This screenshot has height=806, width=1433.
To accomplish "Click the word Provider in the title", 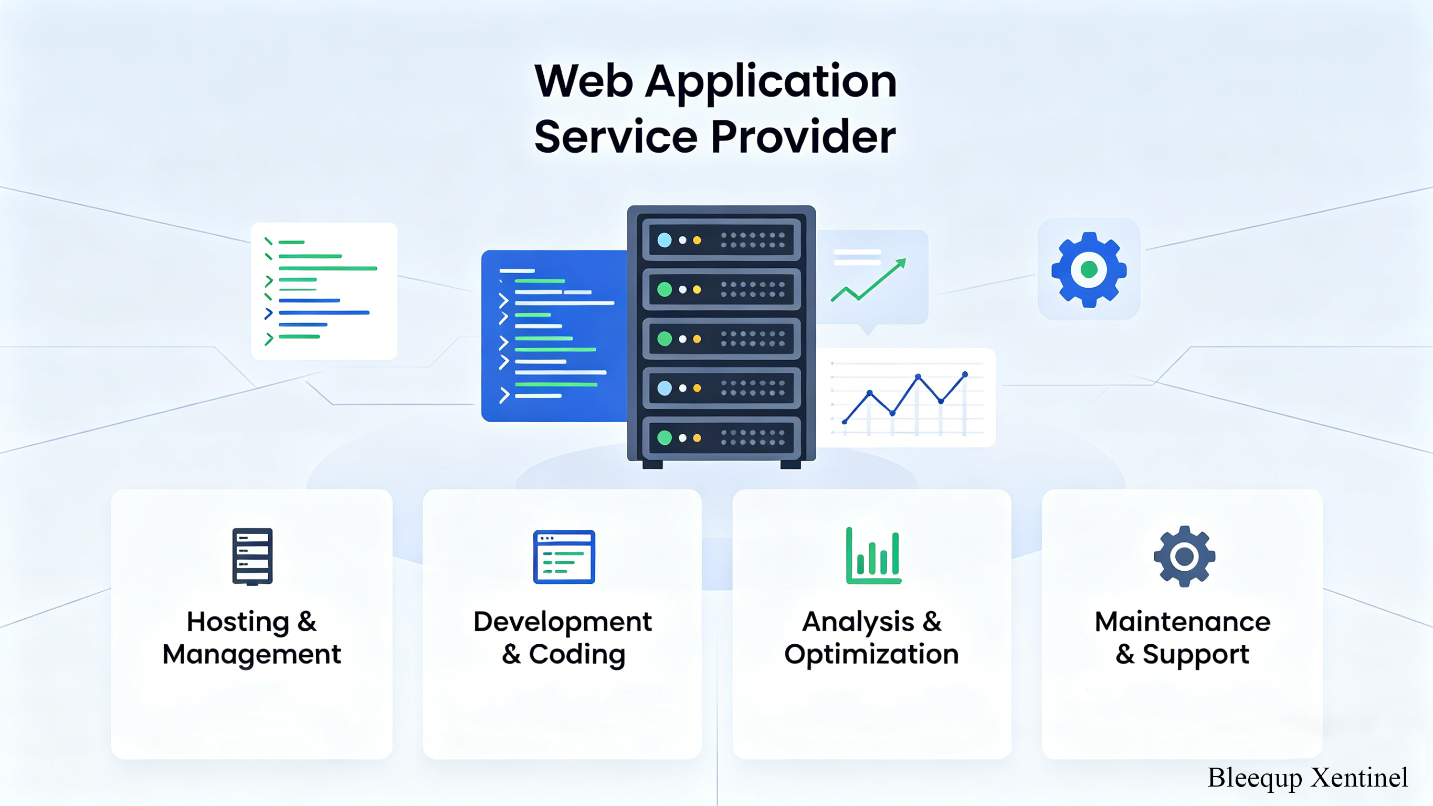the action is (803, 137).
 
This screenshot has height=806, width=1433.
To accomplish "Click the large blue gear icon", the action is (1089, 270).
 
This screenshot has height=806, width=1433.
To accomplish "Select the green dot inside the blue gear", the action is (1089, 270).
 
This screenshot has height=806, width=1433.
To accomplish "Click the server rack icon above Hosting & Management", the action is (252, 557).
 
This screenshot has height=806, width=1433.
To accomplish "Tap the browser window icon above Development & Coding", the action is (564, 557).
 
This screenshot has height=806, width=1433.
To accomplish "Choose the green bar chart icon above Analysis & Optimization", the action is (873, 556).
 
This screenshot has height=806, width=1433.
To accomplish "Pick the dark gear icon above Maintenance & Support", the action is (1184, 556).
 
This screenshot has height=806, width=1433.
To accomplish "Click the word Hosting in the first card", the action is (238, 622).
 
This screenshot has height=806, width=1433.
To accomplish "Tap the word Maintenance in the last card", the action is (1183, 622).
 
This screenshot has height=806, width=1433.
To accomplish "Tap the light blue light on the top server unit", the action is (664, 240).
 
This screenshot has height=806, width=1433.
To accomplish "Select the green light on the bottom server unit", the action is (664, 437).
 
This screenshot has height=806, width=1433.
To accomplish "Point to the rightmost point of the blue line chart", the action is (965, 374).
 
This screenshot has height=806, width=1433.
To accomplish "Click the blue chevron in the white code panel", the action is (269, 313).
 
